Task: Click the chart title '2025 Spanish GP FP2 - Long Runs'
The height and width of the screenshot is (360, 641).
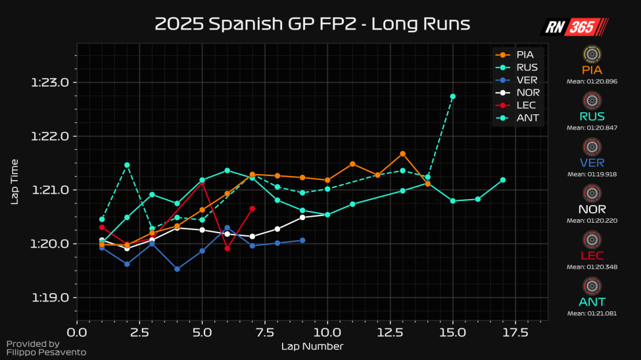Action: click(x=312, y=24)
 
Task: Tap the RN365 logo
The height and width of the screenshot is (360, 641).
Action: click(x=574, y=27)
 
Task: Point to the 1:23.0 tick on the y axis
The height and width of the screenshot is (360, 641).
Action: click(x=50, y=83)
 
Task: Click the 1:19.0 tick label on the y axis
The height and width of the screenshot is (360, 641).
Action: click(x=50, y=298)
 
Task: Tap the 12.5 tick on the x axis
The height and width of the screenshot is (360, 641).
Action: click(x=390, y=332)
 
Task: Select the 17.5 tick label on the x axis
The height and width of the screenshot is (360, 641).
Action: click(x=515, y=332)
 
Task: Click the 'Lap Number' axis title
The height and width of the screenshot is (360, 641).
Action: click(x=312, y=346)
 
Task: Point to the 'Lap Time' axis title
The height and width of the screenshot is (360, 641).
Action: click(x=14, y=181)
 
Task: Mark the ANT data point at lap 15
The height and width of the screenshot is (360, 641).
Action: click(x=453, y=97)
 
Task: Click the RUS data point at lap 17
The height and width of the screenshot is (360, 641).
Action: click(x=503, y=179)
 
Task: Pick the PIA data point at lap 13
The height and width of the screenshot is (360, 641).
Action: click(x=402, y=154)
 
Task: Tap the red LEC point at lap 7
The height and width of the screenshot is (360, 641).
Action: click(x=252, y=208)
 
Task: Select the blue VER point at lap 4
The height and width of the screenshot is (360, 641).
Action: click(x=177, y=269)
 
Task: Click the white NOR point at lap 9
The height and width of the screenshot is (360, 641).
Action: click(x=302, y=217)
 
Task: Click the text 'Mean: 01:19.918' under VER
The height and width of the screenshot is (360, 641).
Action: click(x=592, y=174)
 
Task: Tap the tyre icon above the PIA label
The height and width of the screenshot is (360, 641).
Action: click(x=592, y=54)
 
